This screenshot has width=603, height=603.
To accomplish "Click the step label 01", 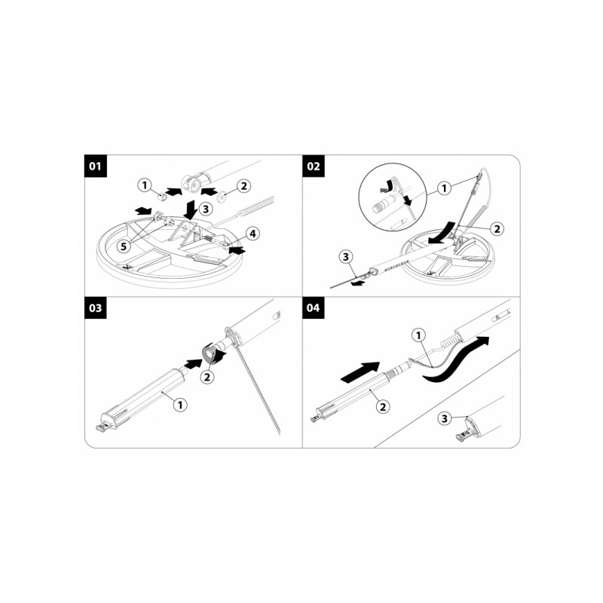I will pos(94,167).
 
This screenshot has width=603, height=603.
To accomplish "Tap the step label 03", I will pos(94,308).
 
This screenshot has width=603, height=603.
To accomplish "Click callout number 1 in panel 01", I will pos(145,183).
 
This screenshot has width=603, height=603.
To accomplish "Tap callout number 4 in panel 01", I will pos(253,234).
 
